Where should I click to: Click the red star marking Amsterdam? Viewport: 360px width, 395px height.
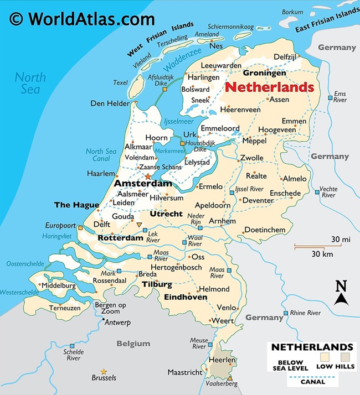[147, 176]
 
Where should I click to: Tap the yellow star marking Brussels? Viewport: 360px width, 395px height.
[103, 371]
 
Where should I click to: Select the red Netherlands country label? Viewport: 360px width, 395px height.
[270, 87]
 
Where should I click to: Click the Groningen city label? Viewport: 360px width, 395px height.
[265, 73]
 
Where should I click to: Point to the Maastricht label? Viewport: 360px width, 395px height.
[185, 372]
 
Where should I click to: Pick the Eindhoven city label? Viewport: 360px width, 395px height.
[186, 297]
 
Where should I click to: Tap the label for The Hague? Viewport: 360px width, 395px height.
[76, 205]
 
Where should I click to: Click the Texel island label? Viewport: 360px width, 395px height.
[120, 82]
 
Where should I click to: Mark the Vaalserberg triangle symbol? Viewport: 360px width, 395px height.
[230, 378]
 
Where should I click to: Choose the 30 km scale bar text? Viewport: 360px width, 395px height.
[321, 254]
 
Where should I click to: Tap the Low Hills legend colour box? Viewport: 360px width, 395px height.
[346, 358]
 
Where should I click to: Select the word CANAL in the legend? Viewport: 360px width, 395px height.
[313, 381]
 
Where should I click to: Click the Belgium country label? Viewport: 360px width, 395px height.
[133, 344]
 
